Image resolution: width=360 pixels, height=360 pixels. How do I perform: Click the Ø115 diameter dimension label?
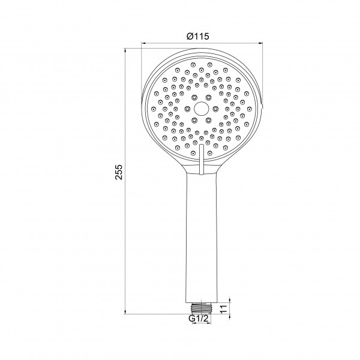coord(197,36)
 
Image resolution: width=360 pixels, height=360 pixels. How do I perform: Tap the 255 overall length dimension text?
coord(119,172)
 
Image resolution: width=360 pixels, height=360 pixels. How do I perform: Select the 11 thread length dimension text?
coord(223,309)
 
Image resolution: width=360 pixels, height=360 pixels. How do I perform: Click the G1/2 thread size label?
coord(199,319)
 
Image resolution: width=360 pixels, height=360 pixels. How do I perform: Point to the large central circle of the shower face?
coord(202,109)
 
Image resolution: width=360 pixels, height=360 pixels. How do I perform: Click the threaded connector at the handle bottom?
coord(201,308)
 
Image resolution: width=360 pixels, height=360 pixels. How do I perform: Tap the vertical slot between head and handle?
coord(202,160)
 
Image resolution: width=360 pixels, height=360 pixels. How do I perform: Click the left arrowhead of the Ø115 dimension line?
coord(143,43)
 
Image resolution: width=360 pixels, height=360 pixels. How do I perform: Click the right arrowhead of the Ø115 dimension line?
coord(260,43)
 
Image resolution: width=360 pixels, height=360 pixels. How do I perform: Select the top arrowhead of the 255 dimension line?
coord(125,50)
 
